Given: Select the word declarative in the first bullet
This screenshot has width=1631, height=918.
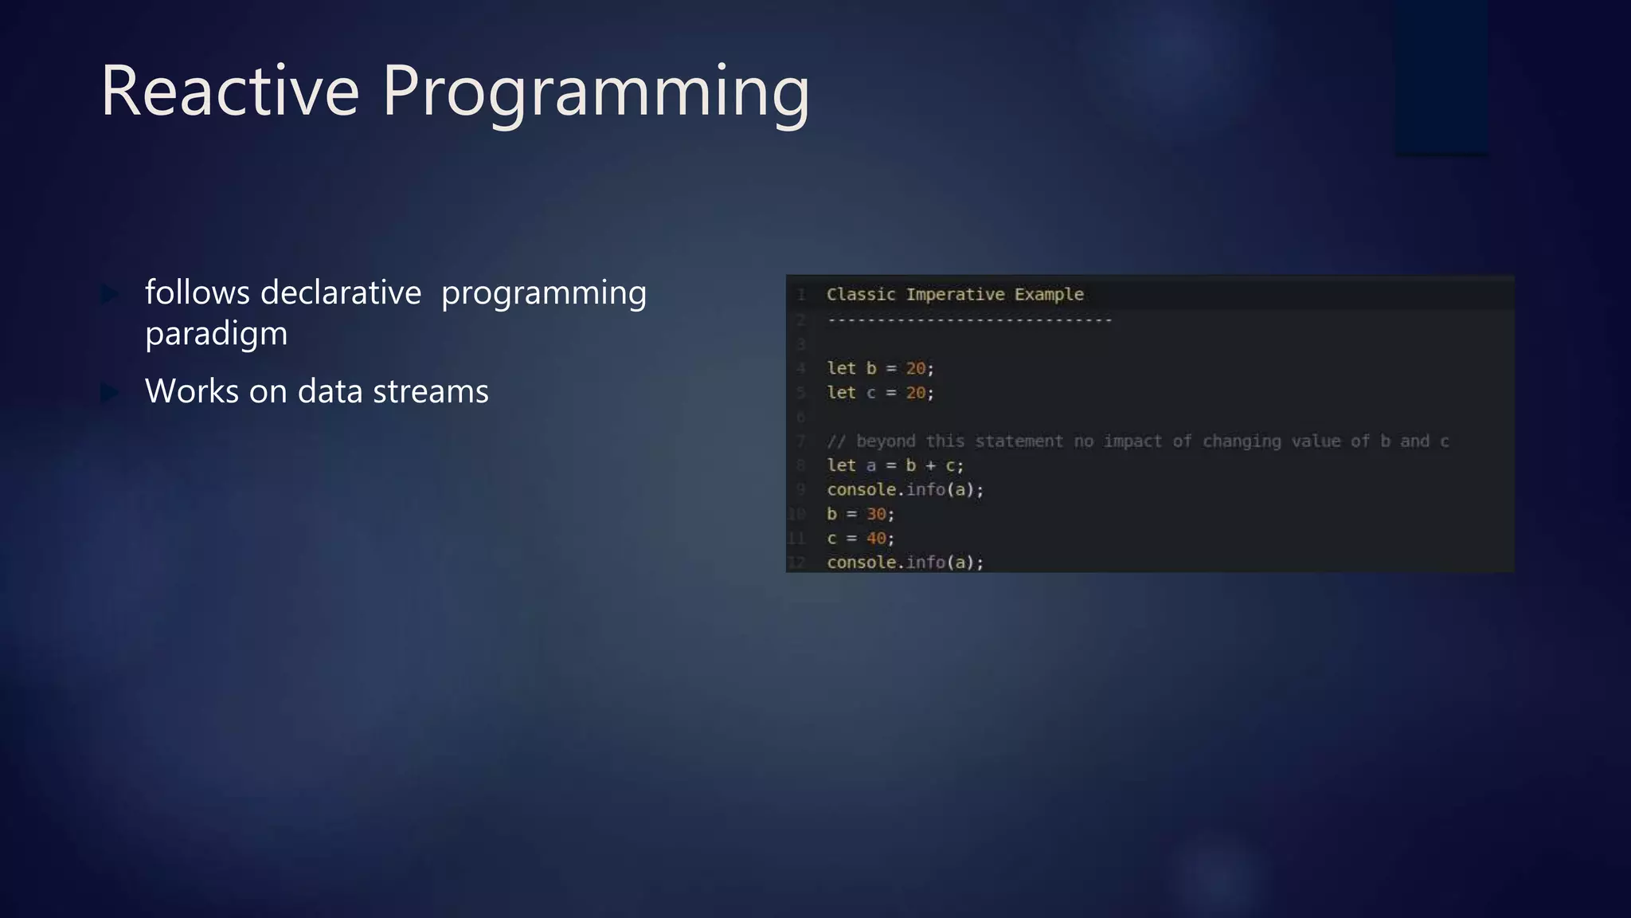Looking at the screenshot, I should tap(340, 292).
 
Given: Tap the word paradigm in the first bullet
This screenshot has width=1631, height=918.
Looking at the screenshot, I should tap(216, 334).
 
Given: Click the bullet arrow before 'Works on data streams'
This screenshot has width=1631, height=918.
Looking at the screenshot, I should tap(110, 392).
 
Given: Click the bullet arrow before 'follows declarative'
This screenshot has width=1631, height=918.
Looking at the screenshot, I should tap(110, 294).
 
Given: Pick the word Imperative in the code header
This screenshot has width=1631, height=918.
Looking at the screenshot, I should tap(955, 295).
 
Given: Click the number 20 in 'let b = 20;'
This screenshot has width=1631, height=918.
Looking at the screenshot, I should tap(916, 368).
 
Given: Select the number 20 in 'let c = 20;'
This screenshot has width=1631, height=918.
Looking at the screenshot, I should tap(916, 393).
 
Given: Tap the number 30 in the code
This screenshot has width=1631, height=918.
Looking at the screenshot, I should tap(876, 514).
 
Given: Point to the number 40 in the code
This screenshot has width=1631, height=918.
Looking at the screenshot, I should tap(876, 539).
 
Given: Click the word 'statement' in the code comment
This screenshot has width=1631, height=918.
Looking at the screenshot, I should tap(1019, 441).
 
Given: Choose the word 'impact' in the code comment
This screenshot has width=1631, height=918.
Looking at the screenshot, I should tap(1132, 441).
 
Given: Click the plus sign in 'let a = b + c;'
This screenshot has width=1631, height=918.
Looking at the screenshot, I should tap(930, 465).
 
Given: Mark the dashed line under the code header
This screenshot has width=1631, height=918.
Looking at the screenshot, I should tap(969, 320).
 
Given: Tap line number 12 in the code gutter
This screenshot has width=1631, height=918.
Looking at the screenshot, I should tap(796, 563).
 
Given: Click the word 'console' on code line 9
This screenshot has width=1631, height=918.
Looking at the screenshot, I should tap(861, 490).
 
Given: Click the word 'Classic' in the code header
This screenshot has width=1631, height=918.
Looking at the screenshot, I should tap(860, 295).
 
